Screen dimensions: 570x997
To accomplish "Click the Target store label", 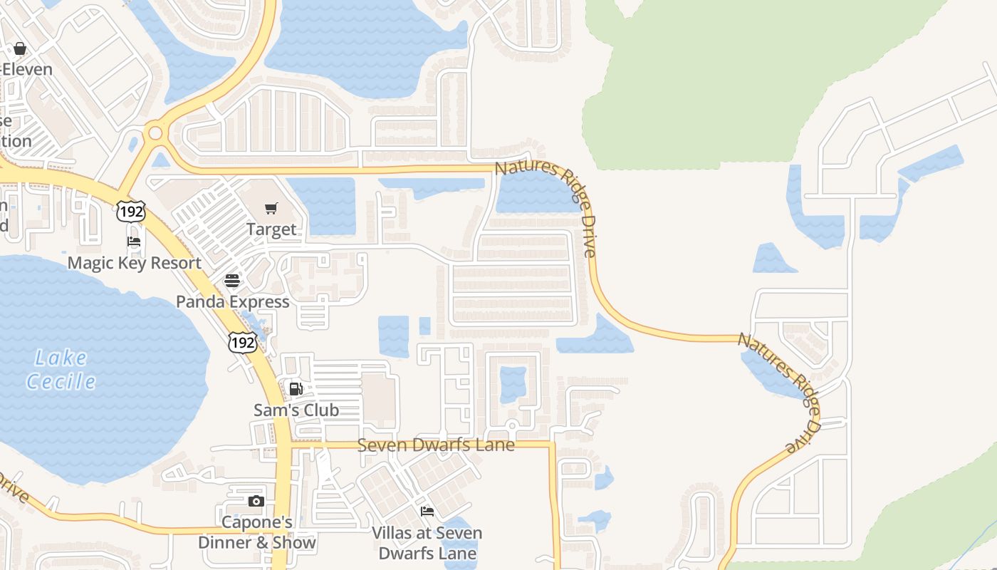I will coord(271,229).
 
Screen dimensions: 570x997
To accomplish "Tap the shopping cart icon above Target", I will coord(271,208).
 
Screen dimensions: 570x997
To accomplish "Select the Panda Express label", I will coord(233,301).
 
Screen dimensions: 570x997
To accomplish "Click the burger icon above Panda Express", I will coord(232,280).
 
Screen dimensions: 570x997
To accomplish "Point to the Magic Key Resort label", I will coord(135,263).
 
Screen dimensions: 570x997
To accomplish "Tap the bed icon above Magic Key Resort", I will coord(134,242).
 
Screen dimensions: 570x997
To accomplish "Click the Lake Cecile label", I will coord(61,369).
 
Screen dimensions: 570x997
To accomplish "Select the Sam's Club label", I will coord(296,410).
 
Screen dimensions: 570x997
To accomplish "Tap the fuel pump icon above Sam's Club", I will coord(296,389).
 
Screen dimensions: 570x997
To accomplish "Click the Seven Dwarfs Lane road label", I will coord(436,445).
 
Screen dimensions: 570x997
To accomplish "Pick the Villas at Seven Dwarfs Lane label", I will coord(427,543).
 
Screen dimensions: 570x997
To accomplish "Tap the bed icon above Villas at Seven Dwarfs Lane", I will coord(427,512).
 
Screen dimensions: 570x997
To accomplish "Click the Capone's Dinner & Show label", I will coord(256,532).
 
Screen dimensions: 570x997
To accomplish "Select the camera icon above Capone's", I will coord(256,502).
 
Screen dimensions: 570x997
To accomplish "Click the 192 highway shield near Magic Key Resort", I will coord(132,210).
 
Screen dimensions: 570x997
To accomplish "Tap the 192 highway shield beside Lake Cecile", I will coord(242,342).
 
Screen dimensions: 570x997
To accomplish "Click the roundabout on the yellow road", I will coord(155,133).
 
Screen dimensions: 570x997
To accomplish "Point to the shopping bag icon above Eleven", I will coord(20,48).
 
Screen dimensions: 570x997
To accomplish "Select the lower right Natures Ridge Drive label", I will coord(781,390).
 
